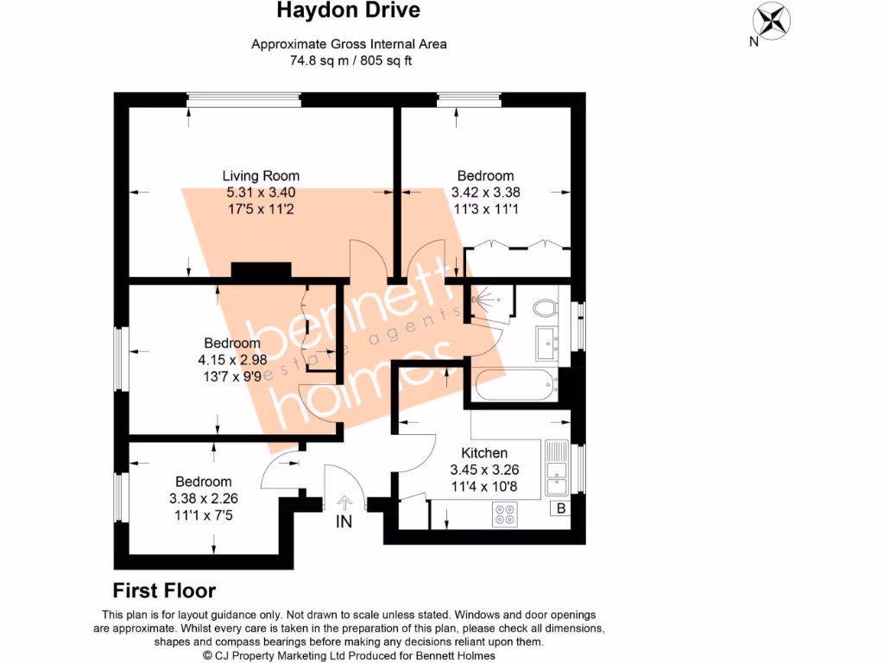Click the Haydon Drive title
[x=348, y=11]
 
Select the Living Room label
[x=261, y=176]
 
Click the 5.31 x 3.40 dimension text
[x=261, y=193]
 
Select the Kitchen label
[x=484, y=453]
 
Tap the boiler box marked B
[x=560, y=508]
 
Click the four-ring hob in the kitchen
[x=504, y=515]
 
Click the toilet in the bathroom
[x=545, y=306]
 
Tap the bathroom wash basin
[x=547, y=343]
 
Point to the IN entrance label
[x=344, y=521]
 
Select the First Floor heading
[x=164, y=590]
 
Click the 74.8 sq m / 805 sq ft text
[x=348, y=61]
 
